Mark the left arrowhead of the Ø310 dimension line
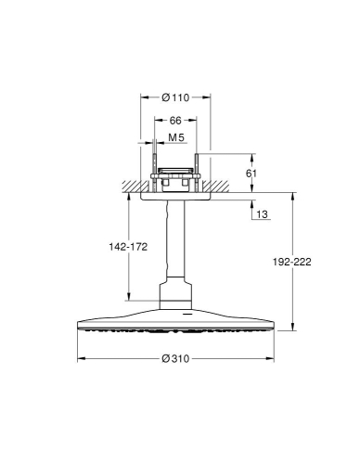pos(79,358)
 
